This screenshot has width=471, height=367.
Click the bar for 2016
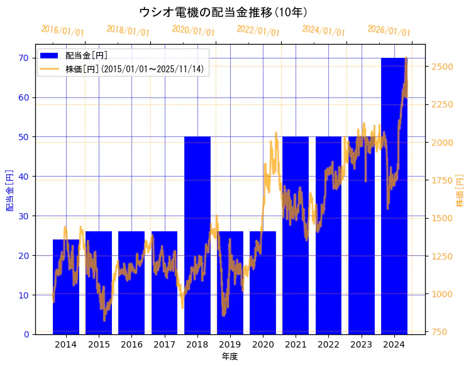(131, 282)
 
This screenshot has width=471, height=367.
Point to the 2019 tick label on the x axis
(230, 344)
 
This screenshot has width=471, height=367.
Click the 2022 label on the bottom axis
(328, 344)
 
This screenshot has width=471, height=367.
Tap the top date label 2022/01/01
(258, 31)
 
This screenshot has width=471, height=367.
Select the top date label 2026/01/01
(389, 31)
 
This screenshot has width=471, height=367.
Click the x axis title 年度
(230, 356)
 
